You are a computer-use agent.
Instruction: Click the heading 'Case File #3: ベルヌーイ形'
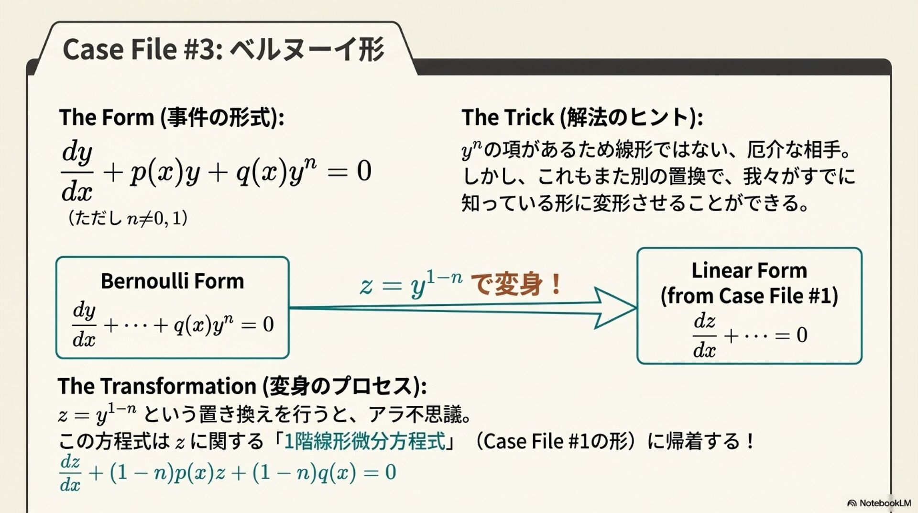tap(223, 49)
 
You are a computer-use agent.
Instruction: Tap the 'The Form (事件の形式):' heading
tap(171, 117)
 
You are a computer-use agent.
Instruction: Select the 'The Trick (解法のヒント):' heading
tap(582, 117)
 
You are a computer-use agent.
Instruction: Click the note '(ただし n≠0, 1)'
tap(127, 218)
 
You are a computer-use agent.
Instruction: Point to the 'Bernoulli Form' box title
tap(172, 281)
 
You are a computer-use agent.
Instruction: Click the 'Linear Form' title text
tap(749, 271)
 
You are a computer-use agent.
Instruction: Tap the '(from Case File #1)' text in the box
tap(749, 296)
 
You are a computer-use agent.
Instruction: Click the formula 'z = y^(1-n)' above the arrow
tap(411, 284)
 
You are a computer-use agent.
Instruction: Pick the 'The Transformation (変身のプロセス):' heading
tap(242, 386)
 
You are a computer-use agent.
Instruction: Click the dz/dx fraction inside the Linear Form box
tap(704, 335)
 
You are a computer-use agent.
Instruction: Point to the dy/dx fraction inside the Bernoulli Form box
tap(84, 324)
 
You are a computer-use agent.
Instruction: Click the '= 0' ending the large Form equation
tap(350, 171)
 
